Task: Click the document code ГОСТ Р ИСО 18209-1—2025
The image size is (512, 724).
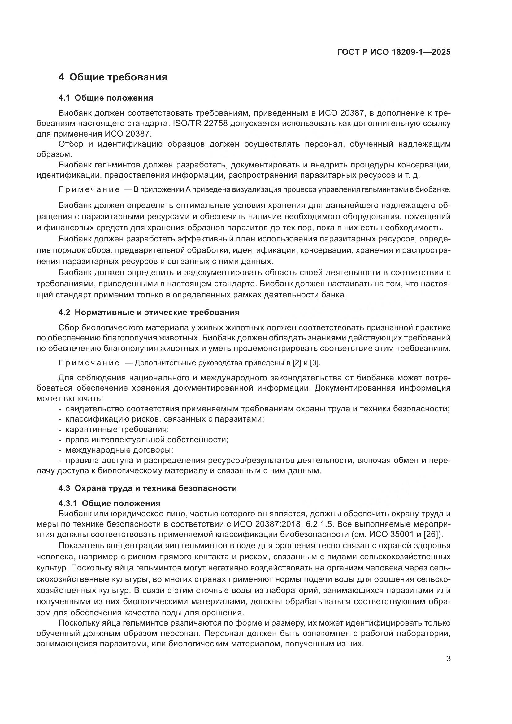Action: tap(394, 52)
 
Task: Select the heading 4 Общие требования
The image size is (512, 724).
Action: tap(113, 77)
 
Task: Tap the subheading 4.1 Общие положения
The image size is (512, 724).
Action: tap(106, 98)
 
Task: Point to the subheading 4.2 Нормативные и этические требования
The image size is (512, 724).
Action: tap(149, 313)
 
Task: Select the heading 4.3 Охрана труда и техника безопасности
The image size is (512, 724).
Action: tap(148, 488)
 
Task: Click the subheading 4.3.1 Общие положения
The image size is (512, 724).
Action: tap(109, 503)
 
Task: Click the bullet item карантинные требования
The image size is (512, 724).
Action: tap(117, 430)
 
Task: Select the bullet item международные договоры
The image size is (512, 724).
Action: tap(119, 450)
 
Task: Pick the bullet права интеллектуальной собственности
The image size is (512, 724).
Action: tap(147, 440)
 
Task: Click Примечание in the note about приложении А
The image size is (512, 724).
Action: tap(89, 189)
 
